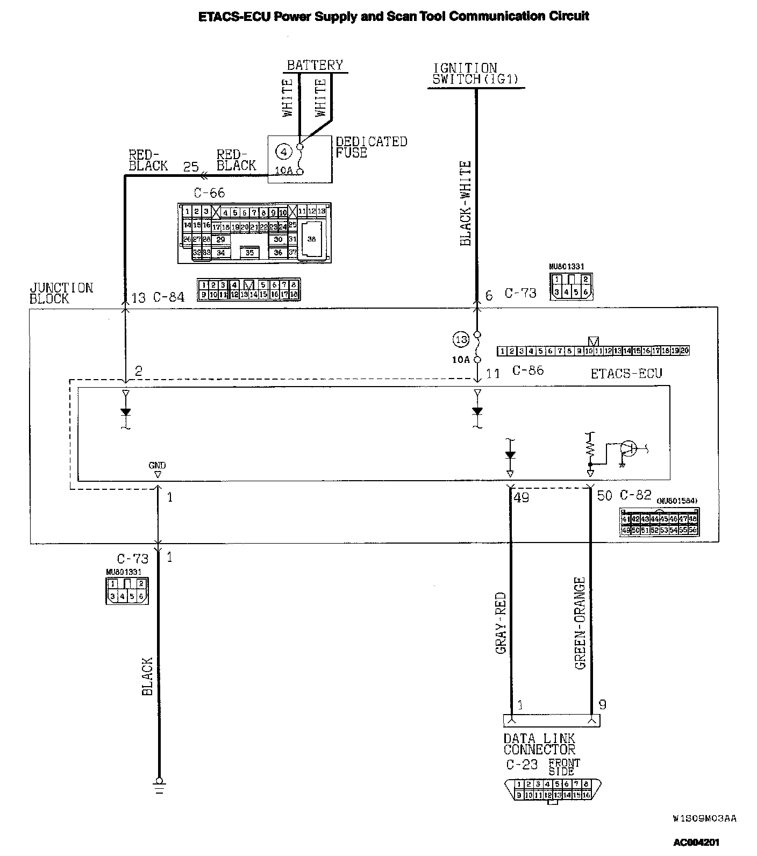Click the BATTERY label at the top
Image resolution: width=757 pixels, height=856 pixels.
tap(315, 65)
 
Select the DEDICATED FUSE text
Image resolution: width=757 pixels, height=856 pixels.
tap(371, 147)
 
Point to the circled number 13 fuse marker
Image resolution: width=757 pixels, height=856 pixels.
tap(461, 339)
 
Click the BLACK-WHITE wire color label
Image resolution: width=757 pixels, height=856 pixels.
tap(466, 203)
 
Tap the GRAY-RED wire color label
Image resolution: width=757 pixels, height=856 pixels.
tap(501, 623)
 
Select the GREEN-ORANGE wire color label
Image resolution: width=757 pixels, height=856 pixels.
tap(580, 623)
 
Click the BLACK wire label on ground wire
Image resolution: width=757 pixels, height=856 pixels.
tap(147, 676)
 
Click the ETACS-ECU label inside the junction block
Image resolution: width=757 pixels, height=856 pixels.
tap(626, 373)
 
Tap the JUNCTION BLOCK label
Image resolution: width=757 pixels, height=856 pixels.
tap(61, 293)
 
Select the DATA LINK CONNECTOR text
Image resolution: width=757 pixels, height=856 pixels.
tap(539, 744)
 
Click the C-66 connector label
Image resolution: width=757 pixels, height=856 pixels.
tap(209, 192)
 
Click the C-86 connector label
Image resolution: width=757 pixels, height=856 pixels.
tap(527, 370)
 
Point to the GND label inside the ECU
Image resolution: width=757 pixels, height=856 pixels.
tap(158, 466)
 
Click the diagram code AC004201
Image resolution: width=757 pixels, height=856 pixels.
tap(696, 842)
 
